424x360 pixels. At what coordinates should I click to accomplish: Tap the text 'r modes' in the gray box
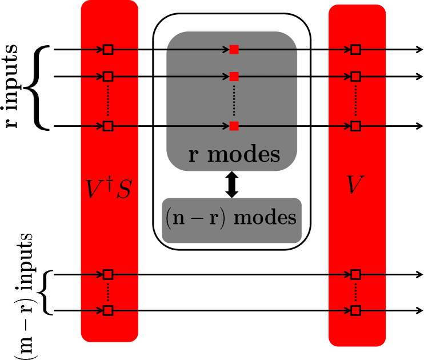point(234,154)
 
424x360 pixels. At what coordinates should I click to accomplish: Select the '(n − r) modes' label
point(231,219)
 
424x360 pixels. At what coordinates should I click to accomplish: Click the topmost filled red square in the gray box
point(234,50)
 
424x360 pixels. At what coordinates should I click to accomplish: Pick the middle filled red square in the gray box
point(234,76)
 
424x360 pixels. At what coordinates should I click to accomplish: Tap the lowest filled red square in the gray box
point(234,126)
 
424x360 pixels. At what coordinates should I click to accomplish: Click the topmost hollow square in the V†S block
point(108,50)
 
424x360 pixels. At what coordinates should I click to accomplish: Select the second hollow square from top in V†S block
point(108,76)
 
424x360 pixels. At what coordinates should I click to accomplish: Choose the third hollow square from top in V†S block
point(108,126)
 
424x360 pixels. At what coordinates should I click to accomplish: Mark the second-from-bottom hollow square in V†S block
point(108,274)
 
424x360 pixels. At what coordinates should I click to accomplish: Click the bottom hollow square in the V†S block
point(108,310)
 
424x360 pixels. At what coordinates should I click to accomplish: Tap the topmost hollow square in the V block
point(355,50)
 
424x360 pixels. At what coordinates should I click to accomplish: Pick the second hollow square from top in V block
point(355,76)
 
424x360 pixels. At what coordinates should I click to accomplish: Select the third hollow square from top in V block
point(355,126)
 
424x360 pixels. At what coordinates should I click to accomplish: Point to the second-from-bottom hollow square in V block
point(355,274)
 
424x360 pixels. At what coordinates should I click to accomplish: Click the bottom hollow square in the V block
point(355,310)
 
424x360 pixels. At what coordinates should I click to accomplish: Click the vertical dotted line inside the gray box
point(234,101)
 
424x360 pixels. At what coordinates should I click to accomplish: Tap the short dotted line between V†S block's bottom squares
point(108,292)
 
